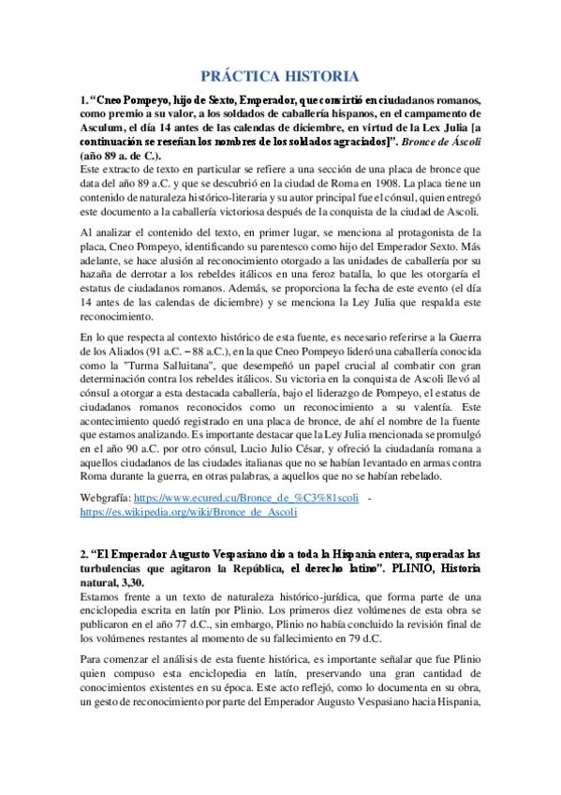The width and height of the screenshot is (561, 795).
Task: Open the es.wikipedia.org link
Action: tap(188, 513)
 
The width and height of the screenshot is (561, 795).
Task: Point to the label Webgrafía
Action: tap(104, 499)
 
